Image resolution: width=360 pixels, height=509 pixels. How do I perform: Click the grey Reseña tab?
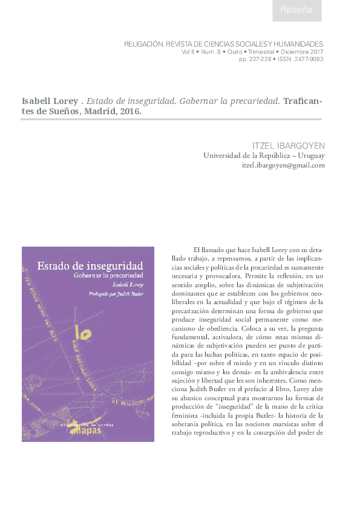pyautogui.click(x=296, y=10)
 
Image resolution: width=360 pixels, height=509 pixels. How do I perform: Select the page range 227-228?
pyautogui.click(x=260, y=59)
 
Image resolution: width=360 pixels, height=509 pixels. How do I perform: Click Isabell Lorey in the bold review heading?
pyautogui.click(x=50, y=101)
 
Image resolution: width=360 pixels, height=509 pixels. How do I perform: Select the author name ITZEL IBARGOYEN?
pyautogui.click(x=288, y=145)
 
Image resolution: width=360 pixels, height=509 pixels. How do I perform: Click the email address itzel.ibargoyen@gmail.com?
pyautogui.click(x=283, y=165)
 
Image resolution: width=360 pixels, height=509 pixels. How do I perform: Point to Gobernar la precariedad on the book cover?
pyautogui.click(x=108, y=275)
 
